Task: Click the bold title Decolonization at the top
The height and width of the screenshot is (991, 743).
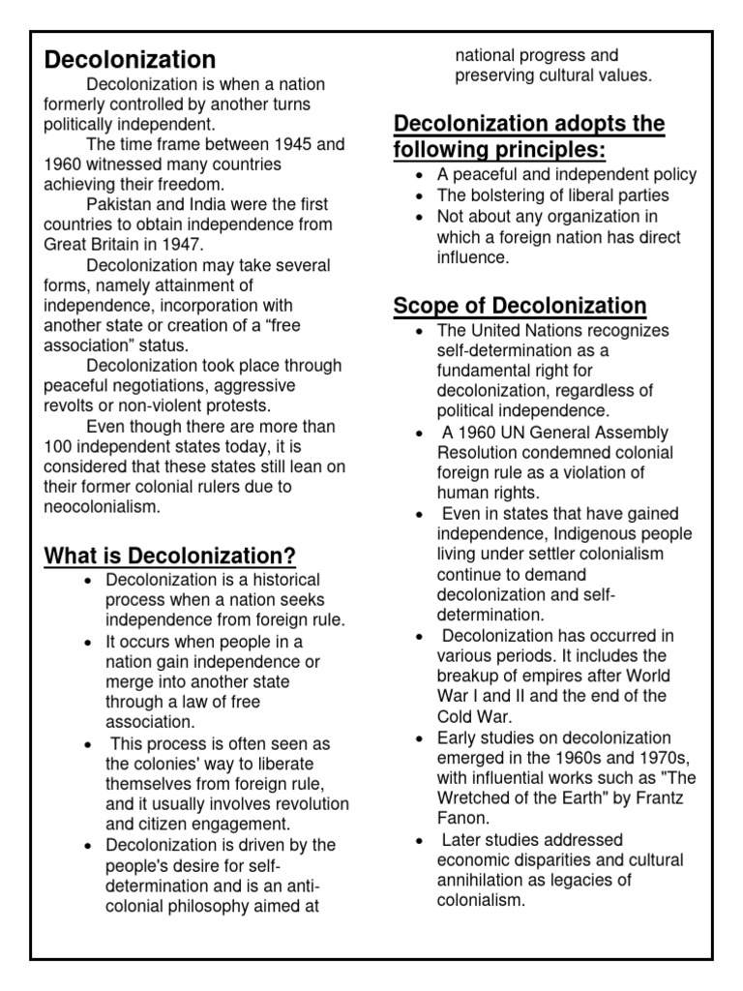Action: click(x=130, y=60)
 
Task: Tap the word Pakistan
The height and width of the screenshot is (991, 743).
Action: click(x=120, y=204)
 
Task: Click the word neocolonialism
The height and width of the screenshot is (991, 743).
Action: click(x=102, y=506)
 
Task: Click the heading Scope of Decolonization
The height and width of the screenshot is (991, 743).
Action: click(x=520, y=306)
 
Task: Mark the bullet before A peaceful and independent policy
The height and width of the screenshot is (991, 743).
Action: click(x=417, y=175)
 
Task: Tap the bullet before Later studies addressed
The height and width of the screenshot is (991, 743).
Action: click(x=417, y=839)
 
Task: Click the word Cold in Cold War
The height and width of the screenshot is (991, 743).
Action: click(x=457, y=717)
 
